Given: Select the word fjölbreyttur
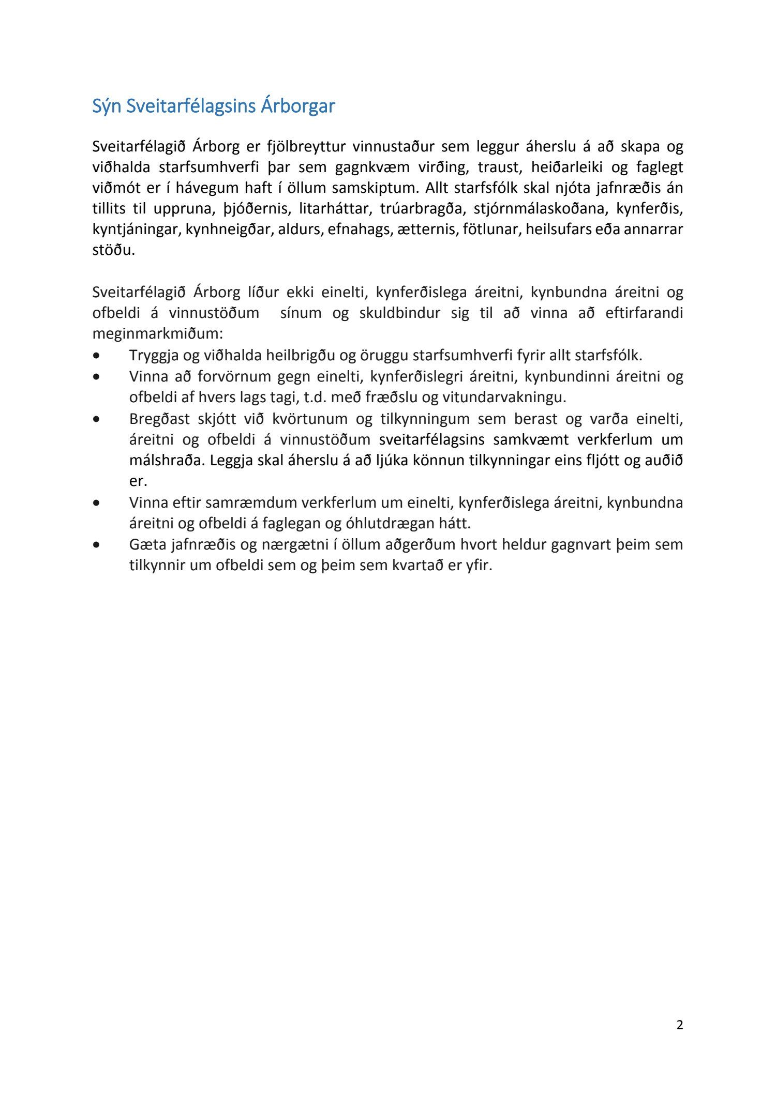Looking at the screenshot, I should (x=306, y=147).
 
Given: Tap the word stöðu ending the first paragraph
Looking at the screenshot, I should (x=113, y=250).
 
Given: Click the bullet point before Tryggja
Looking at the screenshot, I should (x=96, y=356).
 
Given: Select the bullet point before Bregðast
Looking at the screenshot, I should (x=96, y=419).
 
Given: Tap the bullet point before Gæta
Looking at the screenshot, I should (x=96, y=545).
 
